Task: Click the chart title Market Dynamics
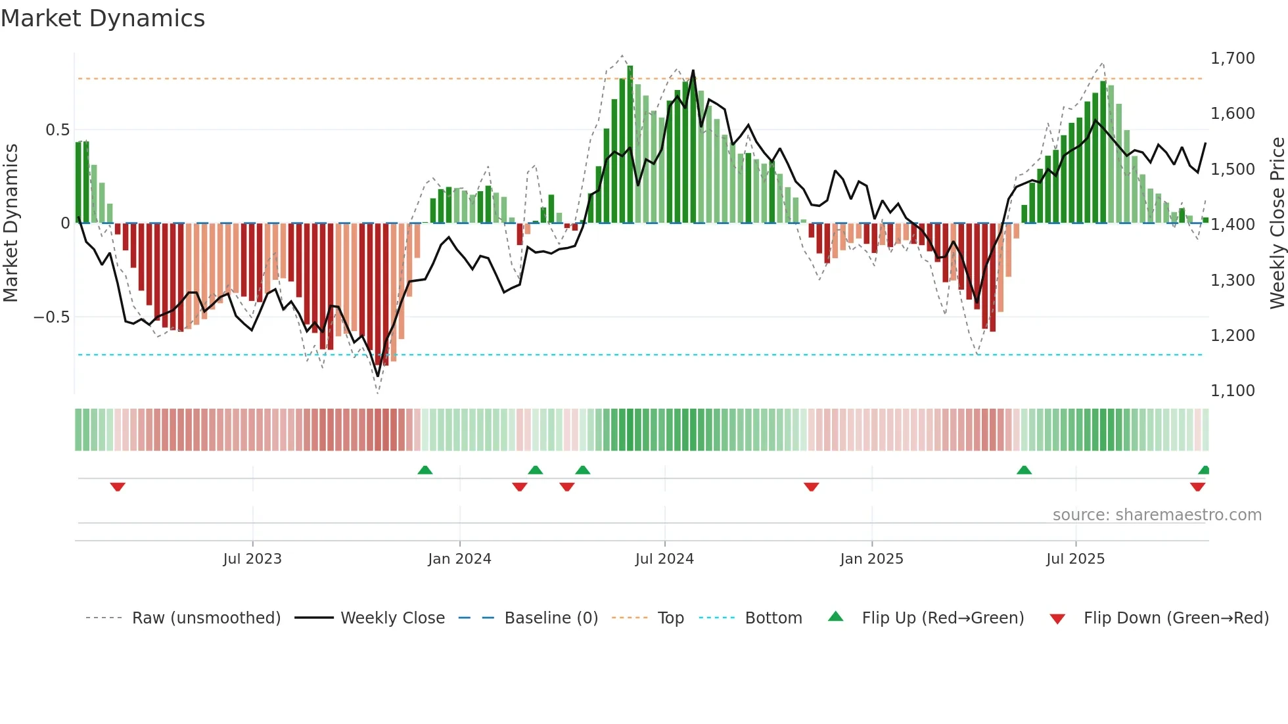coord(103,18)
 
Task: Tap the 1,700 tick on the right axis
coord(1232,58)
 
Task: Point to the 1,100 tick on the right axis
coord(1232,391)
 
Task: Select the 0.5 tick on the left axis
coord(57,130)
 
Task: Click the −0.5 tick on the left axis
coord(52,317)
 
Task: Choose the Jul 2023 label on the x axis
coord(252,559)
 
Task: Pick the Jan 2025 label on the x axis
coord(871,559)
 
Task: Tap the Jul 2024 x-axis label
coord(664,559)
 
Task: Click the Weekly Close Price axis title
coord(1277,223)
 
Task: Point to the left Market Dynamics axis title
coord(11,223)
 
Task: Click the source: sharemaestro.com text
coord(1157,515)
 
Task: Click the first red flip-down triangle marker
coord(118,487)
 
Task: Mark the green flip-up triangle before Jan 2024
coord(425,470)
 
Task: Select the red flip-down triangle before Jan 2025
coord(811,487)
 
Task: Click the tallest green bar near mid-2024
coord(630,145)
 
